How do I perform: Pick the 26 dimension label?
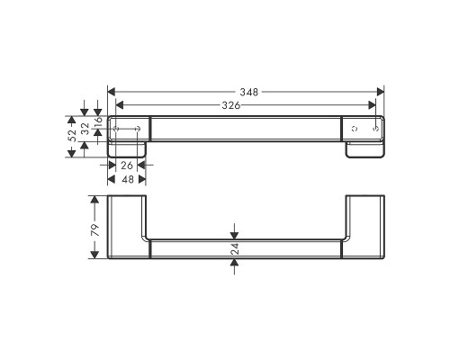127,166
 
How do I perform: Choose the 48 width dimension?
127,179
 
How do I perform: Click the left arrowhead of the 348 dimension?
111,92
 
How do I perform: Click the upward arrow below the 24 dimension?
234,265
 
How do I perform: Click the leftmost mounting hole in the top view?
117,130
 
